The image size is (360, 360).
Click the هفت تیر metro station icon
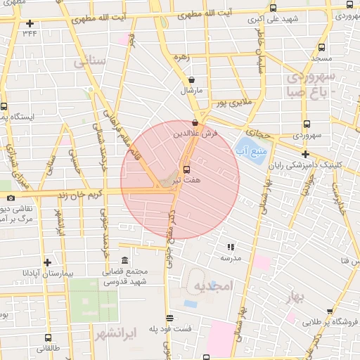186,169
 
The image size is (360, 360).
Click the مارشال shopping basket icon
192,80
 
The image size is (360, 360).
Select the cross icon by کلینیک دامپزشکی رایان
304,153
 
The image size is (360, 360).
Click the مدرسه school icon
230,247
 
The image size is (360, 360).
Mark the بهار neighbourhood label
298,298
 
